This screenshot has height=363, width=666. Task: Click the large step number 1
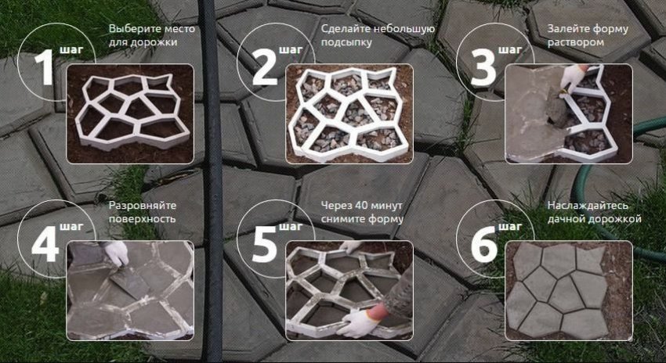44,67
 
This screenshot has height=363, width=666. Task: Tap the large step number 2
265,67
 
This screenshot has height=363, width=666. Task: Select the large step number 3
483,68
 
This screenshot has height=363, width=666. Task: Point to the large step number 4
45,244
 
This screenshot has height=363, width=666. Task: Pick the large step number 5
265,244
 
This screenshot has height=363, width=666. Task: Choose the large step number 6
483,244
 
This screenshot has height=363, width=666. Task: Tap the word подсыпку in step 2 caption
346,43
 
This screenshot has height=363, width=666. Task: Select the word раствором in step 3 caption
575,43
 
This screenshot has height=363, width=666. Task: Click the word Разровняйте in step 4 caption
143,206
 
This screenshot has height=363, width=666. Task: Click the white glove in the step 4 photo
117,253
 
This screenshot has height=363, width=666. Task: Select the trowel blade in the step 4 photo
130,281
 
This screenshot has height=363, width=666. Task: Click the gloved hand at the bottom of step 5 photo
357,322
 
